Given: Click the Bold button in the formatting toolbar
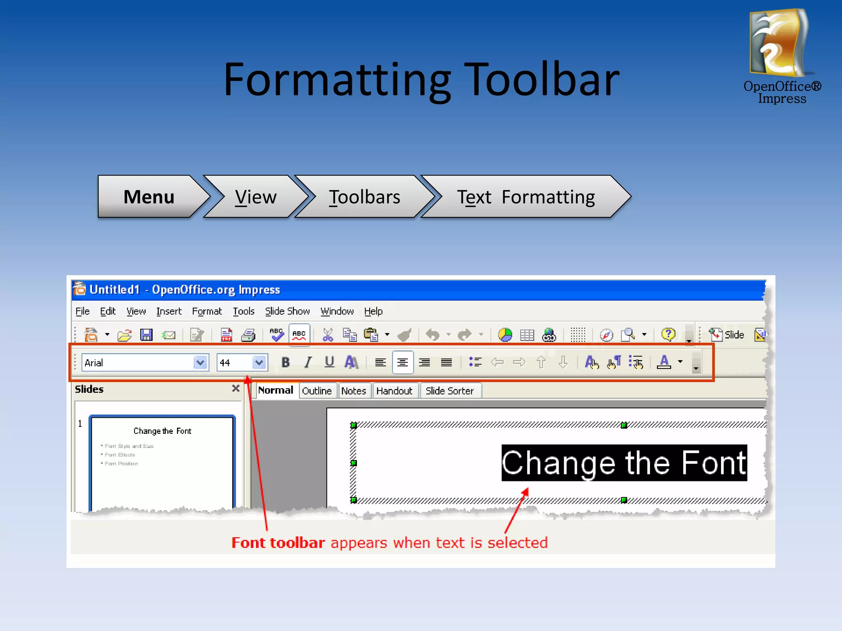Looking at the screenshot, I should (285, 362).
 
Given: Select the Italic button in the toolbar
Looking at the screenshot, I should (308, 362).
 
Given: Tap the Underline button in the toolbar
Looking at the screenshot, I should (329, 362).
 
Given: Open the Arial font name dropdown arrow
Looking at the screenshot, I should (200, 362).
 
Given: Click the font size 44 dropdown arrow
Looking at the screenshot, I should (259, 362).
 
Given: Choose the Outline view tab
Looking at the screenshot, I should (317, 391).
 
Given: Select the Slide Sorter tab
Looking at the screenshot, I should (449, 391).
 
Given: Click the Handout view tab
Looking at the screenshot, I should (394, 391).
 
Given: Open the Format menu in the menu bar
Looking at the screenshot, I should (207, 311).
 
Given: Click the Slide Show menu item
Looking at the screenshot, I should (287, 311).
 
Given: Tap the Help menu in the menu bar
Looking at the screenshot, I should (373, 311).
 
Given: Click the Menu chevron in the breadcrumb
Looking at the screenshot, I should (149, 197).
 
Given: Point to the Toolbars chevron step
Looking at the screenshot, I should (364, 197).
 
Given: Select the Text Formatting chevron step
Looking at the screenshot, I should (525, 197).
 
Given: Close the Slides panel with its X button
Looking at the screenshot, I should (236, 388).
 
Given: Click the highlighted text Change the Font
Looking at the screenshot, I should (624, 463).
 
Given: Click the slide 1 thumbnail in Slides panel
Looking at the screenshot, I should (162, 460).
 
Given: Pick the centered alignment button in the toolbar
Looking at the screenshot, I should (402, 362).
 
